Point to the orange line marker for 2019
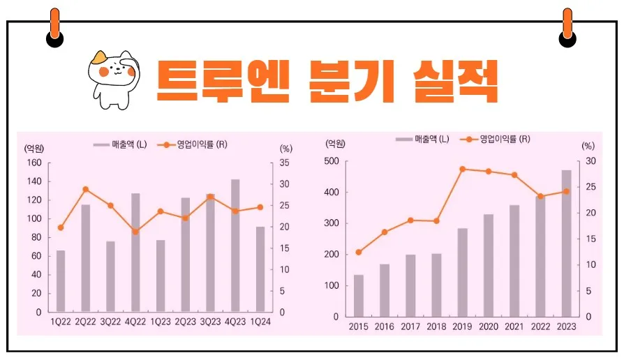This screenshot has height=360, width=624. [462, 169]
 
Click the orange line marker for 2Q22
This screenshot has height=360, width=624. [86, 189]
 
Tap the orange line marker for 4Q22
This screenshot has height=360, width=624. [135, 232]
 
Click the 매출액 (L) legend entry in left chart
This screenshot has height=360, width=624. [120, 145]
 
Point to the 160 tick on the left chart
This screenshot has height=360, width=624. [34, 163]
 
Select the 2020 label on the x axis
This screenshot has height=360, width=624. [488, 327]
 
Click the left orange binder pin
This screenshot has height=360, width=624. [54, 26]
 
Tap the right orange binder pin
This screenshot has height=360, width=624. [567, 26]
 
